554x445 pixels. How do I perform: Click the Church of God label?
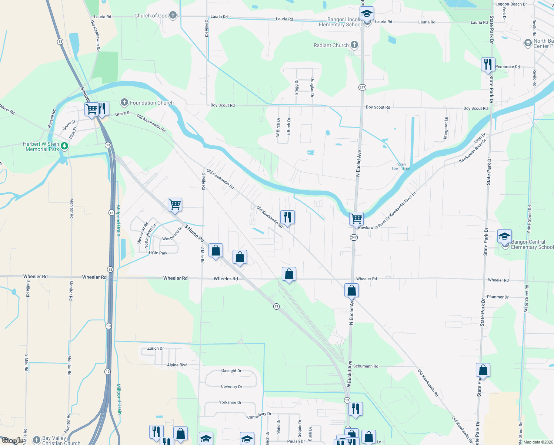click(151, 16)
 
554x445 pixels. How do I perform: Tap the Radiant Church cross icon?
click(354, 45)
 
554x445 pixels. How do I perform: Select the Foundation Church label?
click(151, 103)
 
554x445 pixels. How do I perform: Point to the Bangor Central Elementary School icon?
click(504, 236)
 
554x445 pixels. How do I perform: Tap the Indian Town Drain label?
click(401, 166)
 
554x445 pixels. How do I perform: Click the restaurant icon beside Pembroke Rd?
click(488, 64)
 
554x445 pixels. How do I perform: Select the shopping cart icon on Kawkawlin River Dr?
click(356, 218)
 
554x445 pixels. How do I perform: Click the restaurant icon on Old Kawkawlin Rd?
click(287, 217)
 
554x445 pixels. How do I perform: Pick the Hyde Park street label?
click(158, 253)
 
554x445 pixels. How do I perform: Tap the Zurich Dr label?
click(156, 348)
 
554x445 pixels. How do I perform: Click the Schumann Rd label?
click(366, 366)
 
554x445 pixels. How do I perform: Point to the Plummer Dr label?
click(498, 297)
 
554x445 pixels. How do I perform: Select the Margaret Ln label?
click(446, 128)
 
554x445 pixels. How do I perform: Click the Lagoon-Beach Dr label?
click(511, 4)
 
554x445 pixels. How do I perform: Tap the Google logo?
click(12, 441)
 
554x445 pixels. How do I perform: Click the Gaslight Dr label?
click(231, 370)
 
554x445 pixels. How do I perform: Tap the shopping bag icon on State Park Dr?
click(483, 370)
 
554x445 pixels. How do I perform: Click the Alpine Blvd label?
click(177, 365)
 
